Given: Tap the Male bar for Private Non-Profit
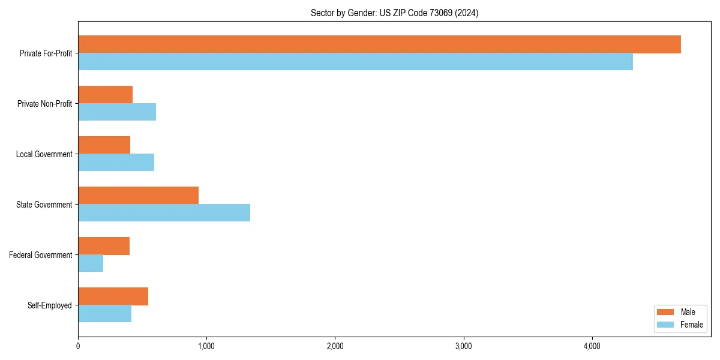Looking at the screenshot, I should click(105, 95).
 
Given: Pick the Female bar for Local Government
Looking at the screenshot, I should click(116, 163).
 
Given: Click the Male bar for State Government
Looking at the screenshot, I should click(138, 196).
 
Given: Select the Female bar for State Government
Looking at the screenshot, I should click(164, 213).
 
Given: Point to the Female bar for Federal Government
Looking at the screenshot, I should click(91, 263).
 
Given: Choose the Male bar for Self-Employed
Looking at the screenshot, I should click(113, 296).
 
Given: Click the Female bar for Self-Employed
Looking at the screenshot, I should click(104, 314).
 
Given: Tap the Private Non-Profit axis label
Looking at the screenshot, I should click(44, 104).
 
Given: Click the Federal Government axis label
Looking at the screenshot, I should click(41, 255).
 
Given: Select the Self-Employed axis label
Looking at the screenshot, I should click(50, 305).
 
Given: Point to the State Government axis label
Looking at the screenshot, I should click(44, 205).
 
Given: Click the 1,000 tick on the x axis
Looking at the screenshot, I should click(206, 346).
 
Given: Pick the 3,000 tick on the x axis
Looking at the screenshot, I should click(463, 346).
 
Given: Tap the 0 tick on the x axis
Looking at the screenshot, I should click(78, 346).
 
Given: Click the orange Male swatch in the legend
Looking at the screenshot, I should click(666, 312).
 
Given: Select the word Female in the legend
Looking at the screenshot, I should click(691, 325).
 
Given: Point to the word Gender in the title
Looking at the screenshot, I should click(362, 13).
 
